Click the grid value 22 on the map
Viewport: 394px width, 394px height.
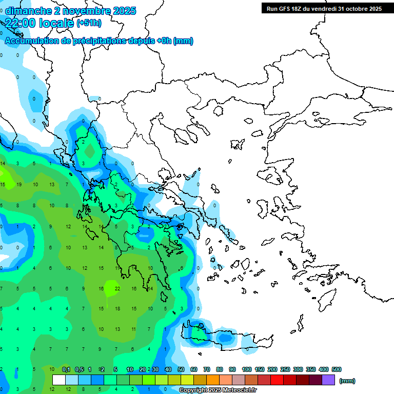(117, 289)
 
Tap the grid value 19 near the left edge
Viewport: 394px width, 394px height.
(18, 184)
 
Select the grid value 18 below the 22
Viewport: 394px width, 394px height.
(117, 309)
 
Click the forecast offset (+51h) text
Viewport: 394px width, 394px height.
(89, 23)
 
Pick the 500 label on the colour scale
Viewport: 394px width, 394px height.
(336, 369)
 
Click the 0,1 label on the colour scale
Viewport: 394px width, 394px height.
(66, 369)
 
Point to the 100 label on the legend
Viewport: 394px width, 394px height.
(246, 369)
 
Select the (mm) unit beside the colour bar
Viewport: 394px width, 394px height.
(347, 381)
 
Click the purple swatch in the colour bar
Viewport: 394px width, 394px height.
(328, 380)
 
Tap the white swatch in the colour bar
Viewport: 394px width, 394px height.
(59, 380)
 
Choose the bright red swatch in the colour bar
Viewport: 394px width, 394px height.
(277, 380)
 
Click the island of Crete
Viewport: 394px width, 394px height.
(226, 339)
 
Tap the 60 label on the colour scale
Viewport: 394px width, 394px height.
(194, 369)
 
